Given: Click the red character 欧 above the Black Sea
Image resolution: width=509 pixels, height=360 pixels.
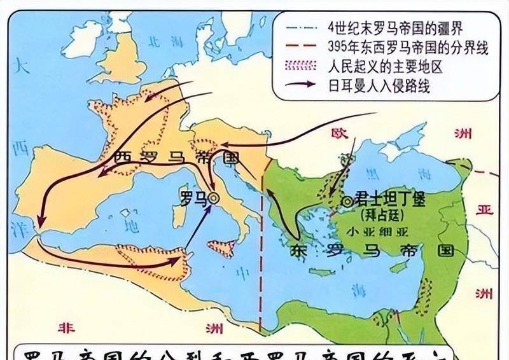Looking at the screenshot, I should coord(337,133).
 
